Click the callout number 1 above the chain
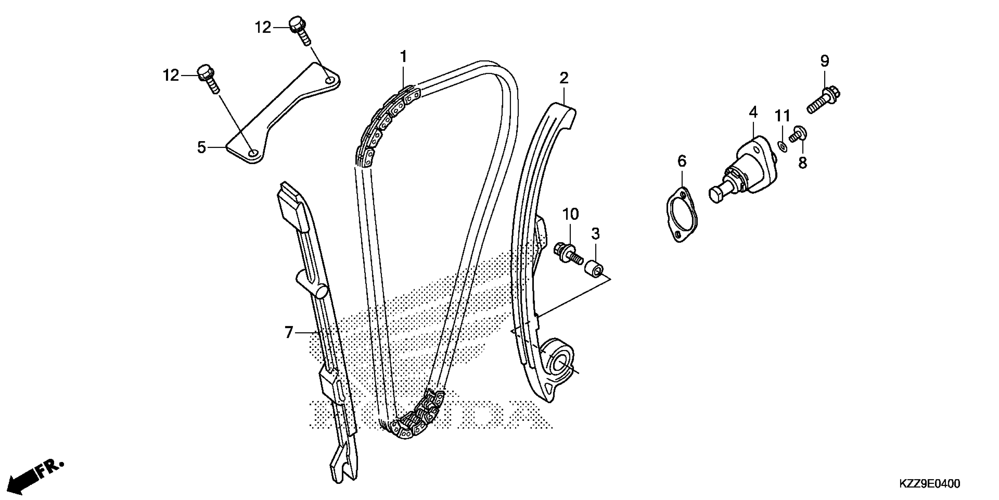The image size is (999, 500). coord(404,57)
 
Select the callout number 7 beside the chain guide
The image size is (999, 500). coord(289,332)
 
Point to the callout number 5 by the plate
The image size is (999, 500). coord(201,148)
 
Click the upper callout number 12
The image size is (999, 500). coord(263,28)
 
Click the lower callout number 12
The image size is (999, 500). coord(171,75)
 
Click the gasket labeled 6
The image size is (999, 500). coord(681,215)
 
